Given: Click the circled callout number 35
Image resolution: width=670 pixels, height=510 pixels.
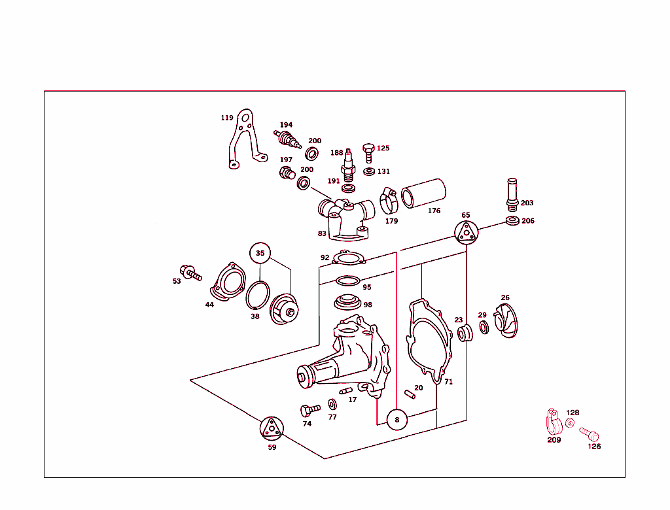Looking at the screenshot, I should pyautogui.click(x=260, y=253).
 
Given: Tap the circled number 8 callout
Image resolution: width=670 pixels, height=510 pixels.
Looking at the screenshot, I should pyautogui.click(x=397, y=420).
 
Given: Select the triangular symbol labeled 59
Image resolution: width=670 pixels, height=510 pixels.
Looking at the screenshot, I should pyautogui.click(x=272, y=429).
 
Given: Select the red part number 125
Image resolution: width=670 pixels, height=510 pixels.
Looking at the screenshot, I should pyautogui.click(x=383, y=148).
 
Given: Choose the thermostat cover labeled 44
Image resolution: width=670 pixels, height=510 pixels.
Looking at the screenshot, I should pyautogui.click(x=226, y=282).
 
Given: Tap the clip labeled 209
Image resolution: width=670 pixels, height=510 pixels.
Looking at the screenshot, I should pyautogui.click(x=552, y=423).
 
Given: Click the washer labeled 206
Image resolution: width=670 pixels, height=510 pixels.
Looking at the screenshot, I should pyautogui.click(x=513, y=220).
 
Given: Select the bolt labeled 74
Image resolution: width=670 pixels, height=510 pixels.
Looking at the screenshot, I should pyautogui.click(x=308, y=411).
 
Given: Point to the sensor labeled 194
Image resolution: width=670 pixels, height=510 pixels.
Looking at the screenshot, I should pyautogui.click(x=287, y=138).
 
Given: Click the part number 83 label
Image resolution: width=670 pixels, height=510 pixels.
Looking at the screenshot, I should pyautogui.click(x=322, y=233).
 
